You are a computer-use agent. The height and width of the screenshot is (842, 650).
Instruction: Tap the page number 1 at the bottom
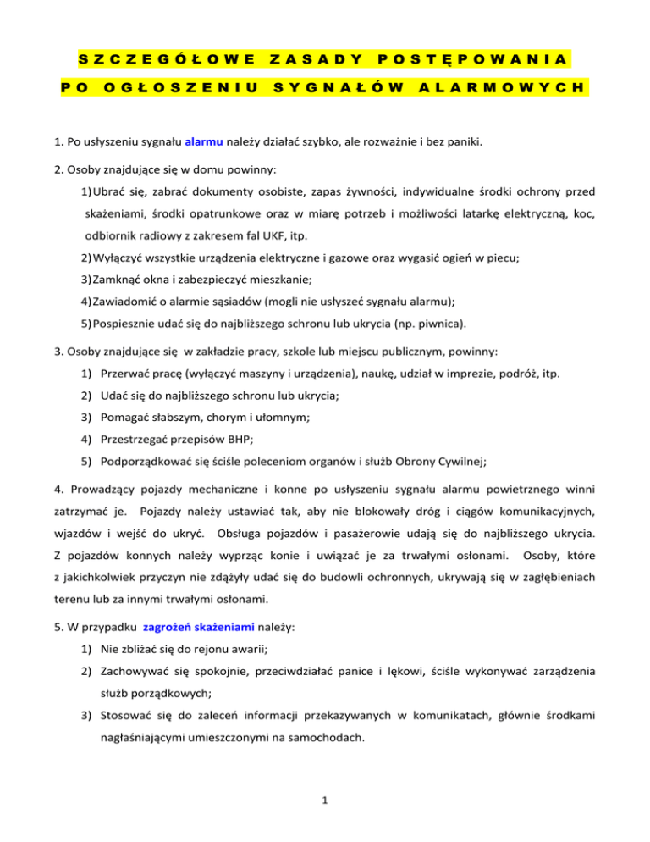(x=325, y=819)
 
